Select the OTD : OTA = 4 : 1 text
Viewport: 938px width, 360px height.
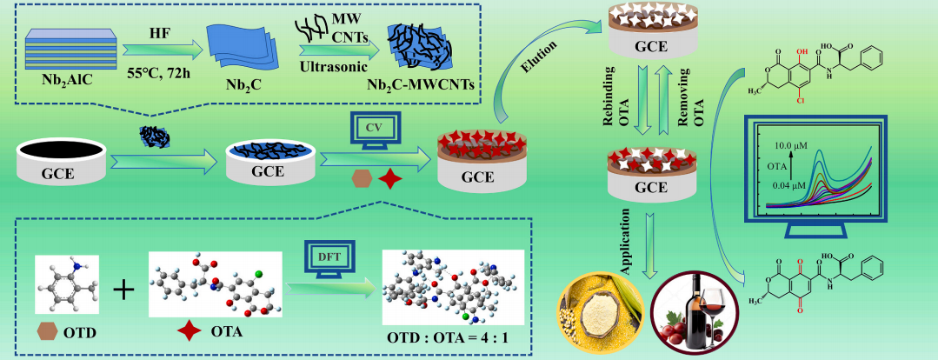[452, 337]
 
